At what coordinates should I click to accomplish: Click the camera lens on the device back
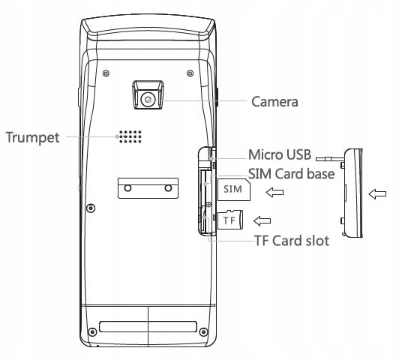[x=148, y=100]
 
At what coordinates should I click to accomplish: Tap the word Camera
[x=274, y=101]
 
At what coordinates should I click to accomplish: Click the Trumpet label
[x=32, y=137]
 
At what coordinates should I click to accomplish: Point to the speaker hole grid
[x=130, y=136]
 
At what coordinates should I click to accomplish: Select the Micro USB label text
[x=280, y=154]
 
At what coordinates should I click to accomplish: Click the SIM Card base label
[x=291, y=173]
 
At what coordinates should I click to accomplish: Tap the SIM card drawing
[x=234, y=190]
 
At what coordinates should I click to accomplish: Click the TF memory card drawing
[x=230, y=220]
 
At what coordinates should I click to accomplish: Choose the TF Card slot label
[x=292, y=241]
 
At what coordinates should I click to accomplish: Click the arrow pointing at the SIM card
[x=274, y=192]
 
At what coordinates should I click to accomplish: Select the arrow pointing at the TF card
[x=262, y=220]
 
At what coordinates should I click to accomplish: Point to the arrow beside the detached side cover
[x=377, y=194]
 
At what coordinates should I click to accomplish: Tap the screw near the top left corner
[x=106, y=73]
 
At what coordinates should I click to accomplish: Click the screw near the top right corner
[x=190, y=73]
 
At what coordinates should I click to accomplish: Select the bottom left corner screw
[x=92, y=331]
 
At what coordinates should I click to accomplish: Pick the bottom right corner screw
[x=203, y=331]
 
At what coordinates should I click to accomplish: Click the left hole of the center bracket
[x=127, y=187]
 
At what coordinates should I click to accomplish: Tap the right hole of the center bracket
[x=168, y=187]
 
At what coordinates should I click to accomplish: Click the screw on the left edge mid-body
[x=91, y=208]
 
